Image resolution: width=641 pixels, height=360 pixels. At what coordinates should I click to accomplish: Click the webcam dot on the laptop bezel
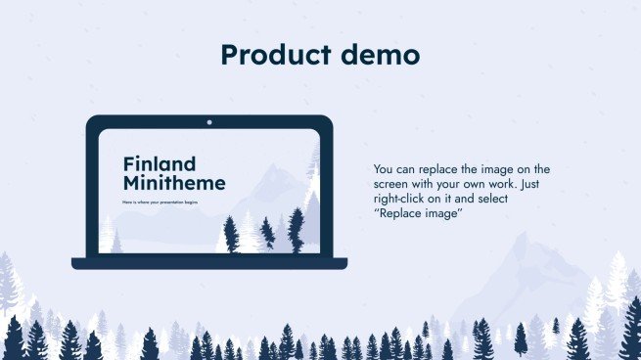(209, 123)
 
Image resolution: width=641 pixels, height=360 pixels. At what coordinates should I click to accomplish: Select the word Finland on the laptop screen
(160, 164)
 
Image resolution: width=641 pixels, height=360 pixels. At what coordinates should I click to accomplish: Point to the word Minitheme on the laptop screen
(174, 183)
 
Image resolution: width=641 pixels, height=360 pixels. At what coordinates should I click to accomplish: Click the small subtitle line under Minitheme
(160, 202)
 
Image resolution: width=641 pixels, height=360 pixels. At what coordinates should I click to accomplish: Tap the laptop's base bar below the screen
(209, 262)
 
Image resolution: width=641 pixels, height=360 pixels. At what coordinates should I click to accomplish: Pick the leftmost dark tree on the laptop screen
(231, 234)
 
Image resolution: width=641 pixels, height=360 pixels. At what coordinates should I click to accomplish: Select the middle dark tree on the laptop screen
(266, 235)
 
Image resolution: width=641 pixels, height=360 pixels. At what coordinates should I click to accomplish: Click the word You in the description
(385, 169)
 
